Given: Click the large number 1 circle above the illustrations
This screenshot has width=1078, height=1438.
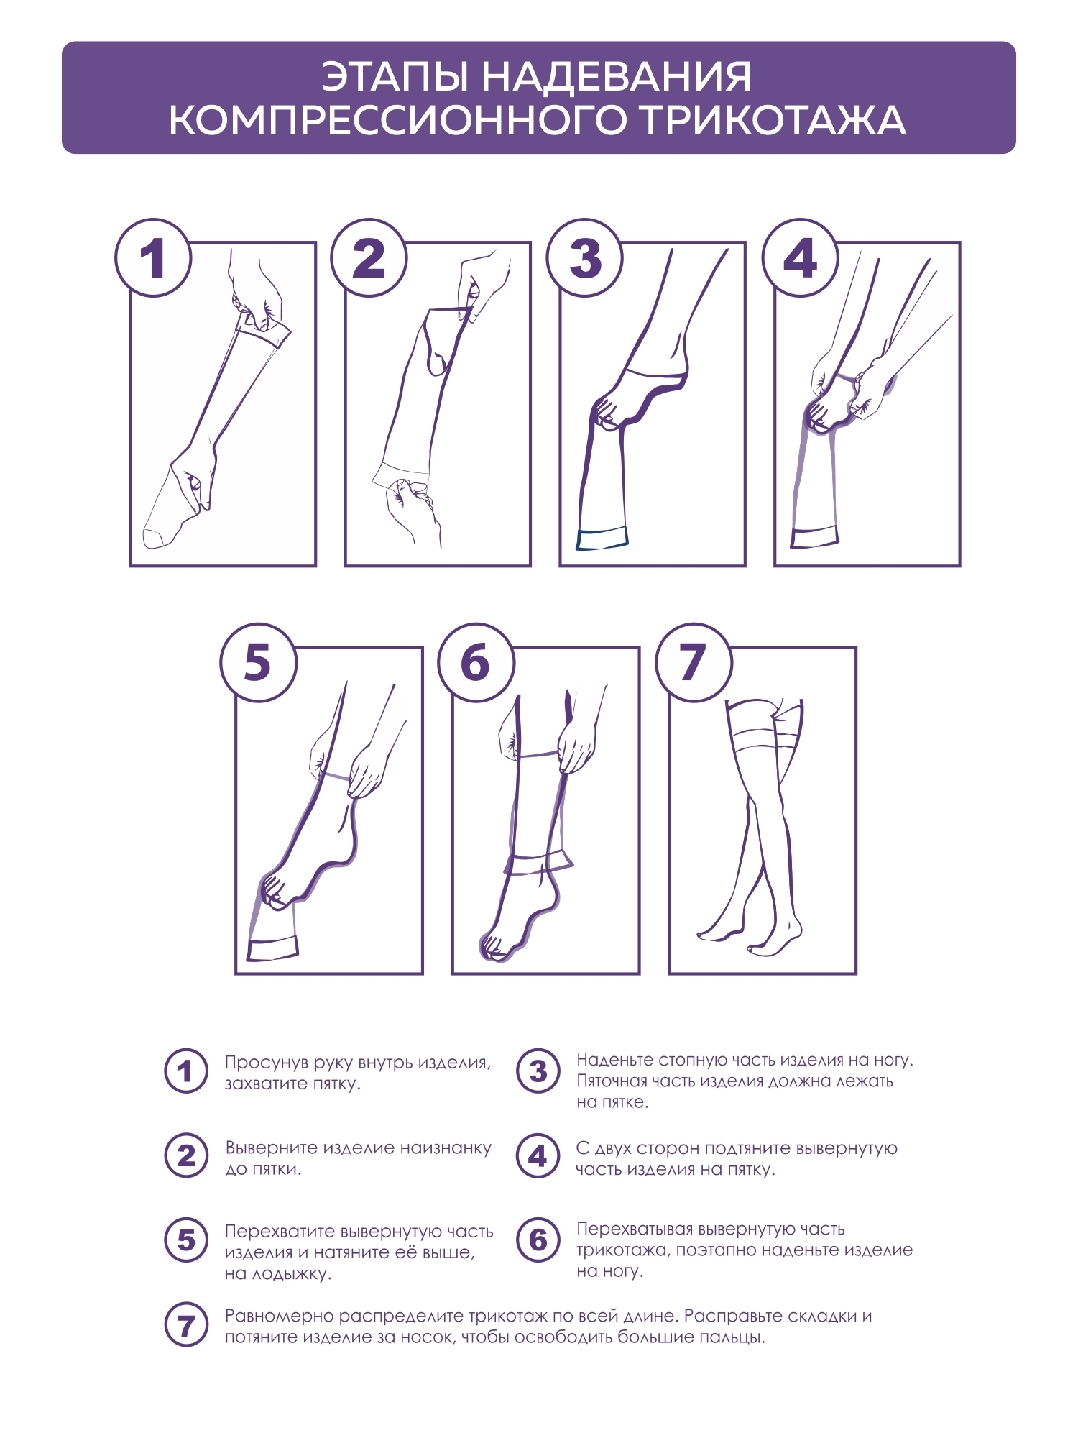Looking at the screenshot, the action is [153, 257].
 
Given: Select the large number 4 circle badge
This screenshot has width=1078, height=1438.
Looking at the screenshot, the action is [801, 257].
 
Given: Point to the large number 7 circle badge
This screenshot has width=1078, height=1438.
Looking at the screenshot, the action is [693, 662].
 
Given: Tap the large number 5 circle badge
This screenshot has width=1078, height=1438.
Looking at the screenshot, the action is [258, 662].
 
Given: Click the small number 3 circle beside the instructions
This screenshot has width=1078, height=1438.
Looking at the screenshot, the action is [538, 1071].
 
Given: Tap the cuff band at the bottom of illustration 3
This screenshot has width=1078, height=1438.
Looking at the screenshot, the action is [602, 539].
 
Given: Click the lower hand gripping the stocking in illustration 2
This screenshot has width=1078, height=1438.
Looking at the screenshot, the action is [413, 510].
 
